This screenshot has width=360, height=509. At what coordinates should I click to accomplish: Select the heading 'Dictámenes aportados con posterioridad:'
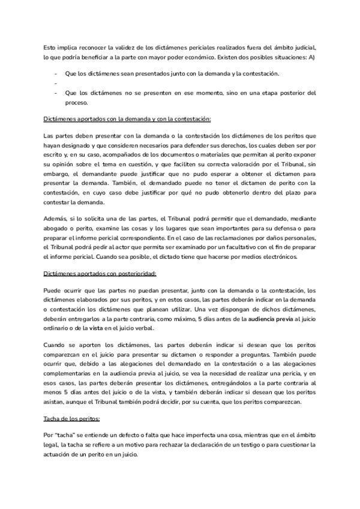(100, 274)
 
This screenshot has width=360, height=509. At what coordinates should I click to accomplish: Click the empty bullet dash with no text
(55, 83)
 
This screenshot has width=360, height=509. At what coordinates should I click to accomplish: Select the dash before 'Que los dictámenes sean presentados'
(55, 73)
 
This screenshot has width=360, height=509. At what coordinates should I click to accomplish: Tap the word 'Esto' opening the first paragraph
(52, 47)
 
